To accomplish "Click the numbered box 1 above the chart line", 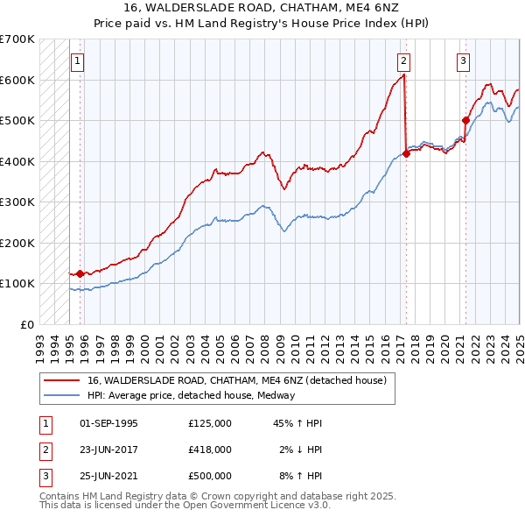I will (x=79, y=61).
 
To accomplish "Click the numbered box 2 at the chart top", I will (x=403, y=61).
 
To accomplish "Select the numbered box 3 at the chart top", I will (x=463, y=61).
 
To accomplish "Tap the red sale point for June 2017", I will (x=407, y=153).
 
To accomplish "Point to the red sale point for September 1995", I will (x=80, y=273).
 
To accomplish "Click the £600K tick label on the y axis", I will (x=17, y=80).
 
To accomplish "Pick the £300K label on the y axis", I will (x=17, y=202).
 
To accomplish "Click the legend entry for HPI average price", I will (x=191, y=395).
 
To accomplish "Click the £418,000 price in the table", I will (x=210, y=450).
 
